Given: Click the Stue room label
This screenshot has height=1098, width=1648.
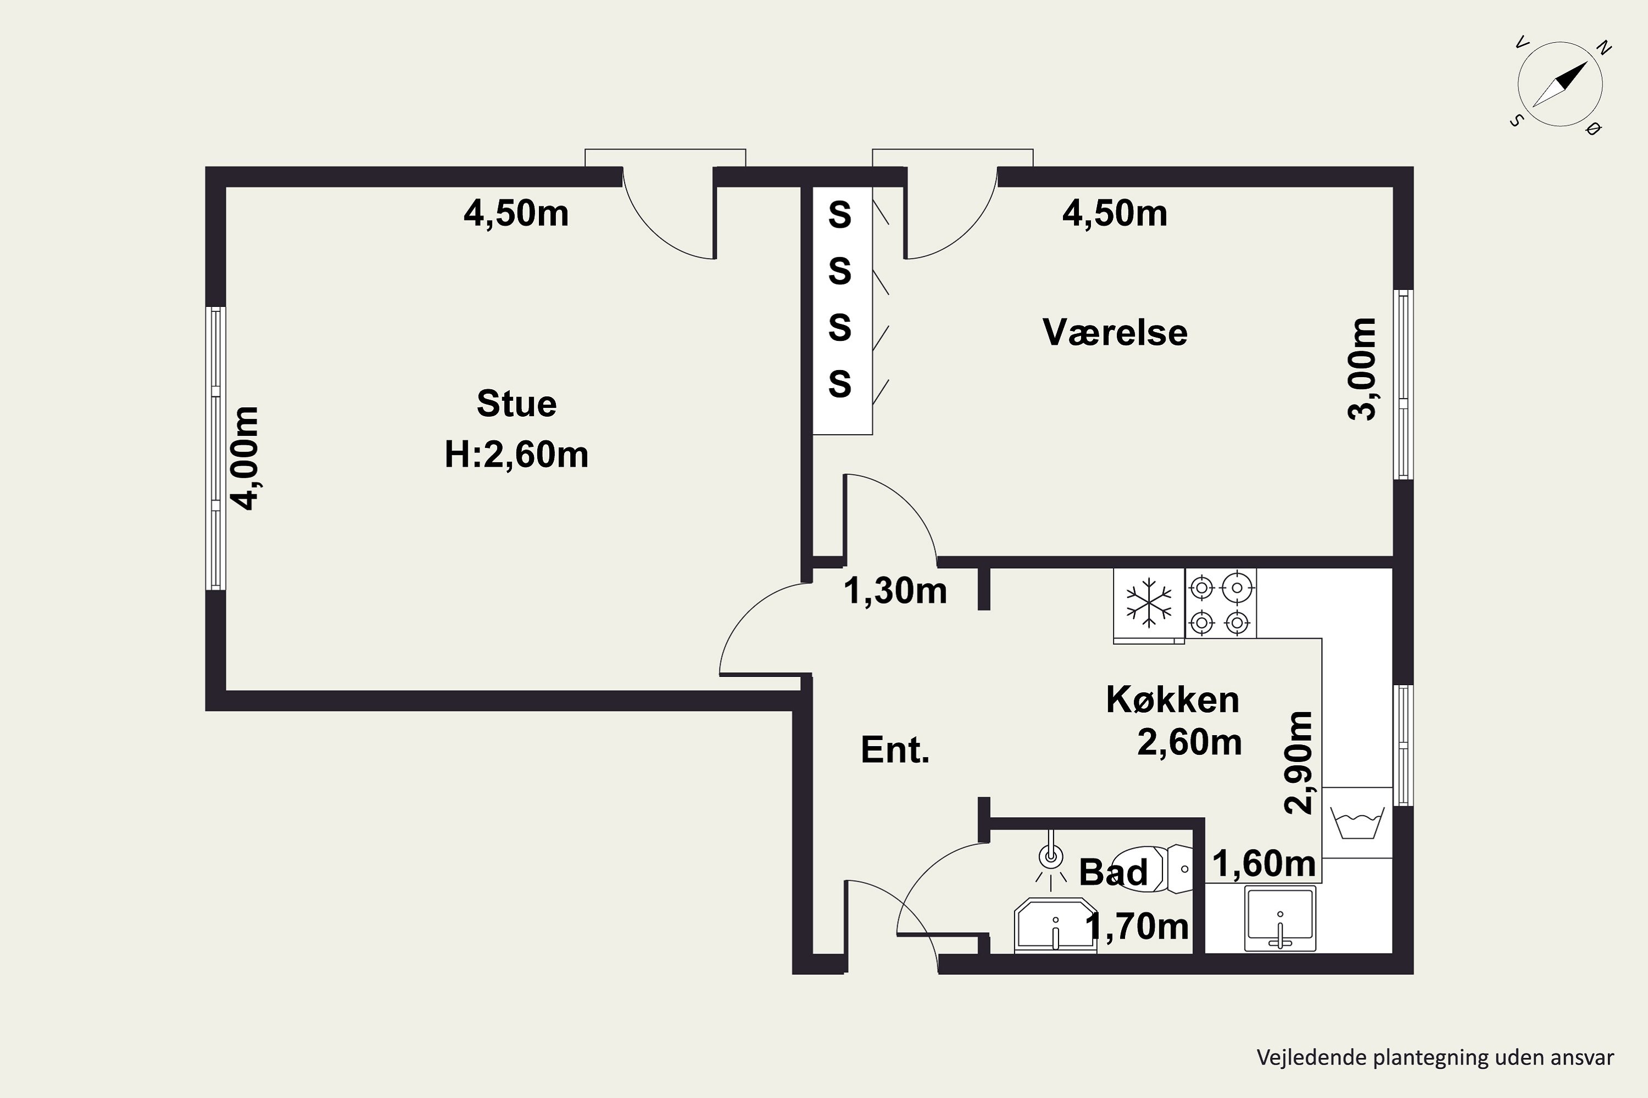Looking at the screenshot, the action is click(x=516, y=404).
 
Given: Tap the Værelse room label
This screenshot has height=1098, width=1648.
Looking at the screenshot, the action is click(x=1115, y=332).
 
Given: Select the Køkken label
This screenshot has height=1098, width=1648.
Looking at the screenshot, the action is click(x=1173, y=699).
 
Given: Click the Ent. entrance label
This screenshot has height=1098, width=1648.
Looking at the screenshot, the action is click(x=895, y=750).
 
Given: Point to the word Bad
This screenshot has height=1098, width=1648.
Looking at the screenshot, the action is click(x=1113, y=872).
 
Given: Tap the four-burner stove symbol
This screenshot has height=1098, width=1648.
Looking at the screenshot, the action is click(x=1221, y=603).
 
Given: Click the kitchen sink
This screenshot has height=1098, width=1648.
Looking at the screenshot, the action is click(x=1280, y=918).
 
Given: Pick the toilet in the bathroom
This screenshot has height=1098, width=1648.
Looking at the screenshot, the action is click(x=1153, y=869).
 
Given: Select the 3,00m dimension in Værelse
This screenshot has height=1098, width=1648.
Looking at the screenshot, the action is click(x=1362, y=368).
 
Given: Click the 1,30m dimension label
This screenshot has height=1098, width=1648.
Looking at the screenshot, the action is click(x=895, y=590).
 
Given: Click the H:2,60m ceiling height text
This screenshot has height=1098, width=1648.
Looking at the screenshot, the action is click(x=516, y=455).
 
